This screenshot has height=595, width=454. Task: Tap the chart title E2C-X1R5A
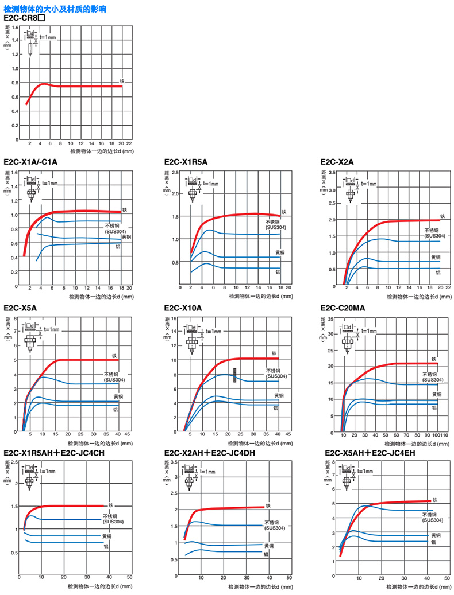coord(186,162)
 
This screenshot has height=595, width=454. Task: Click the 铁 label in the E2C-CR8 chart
coord(122,81)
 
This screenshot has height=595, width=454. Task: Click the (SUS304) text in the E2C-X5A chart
coord(114,380)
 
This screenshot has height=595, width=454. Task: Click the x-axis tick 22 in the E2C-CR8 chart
coord(129,143)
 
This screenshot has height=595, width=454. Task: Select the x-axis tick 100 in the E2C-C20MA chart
coord(439,435)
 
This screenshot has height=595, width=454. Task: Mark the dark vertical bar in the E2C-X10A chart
coord(234,375)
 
